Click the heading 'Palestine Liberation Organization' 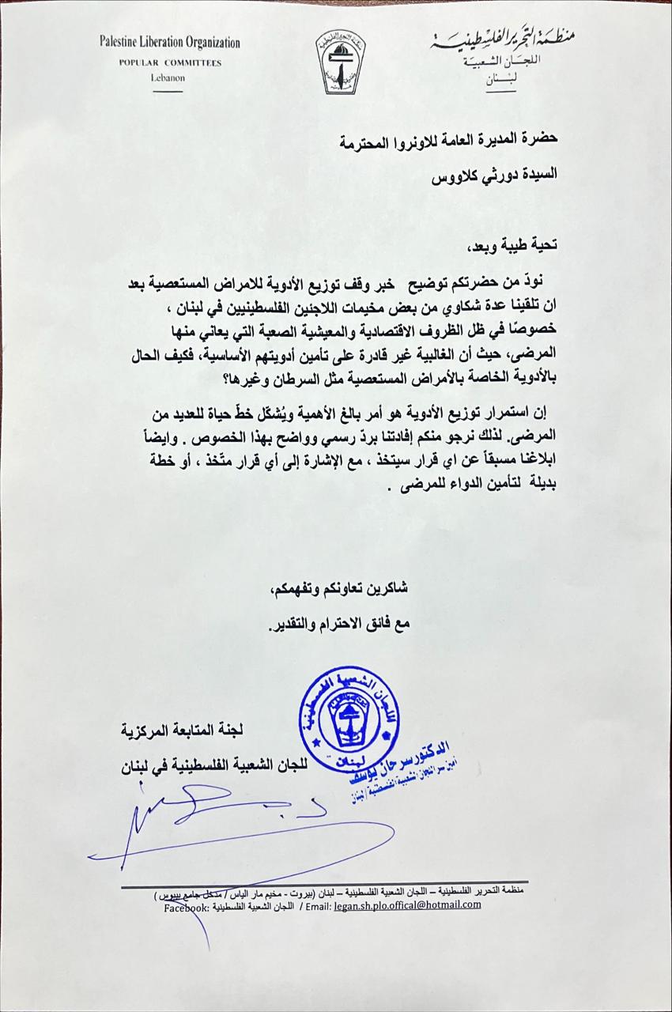coord(170,43)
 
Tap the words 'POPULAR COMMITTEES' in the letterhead coord(170,62)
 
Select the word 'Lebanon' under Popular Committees coord(167,77)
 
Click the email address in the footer coord(407,904)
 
